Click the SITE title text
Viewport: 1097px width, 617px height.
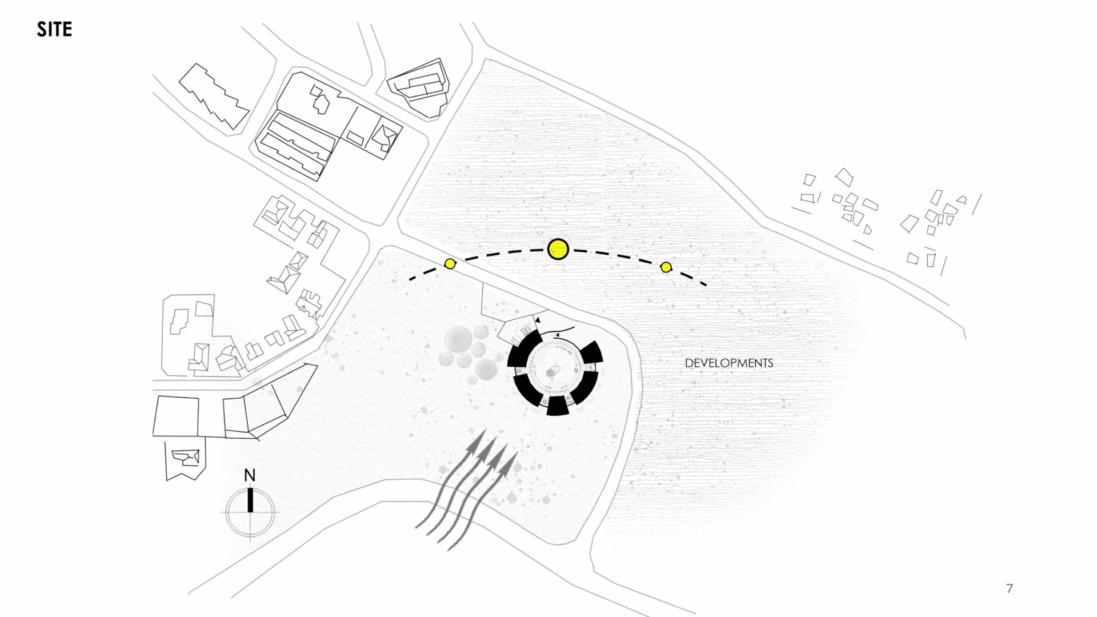tap(54, 29)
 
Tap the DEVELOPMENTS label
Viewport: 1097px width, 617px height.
tap(728, 363)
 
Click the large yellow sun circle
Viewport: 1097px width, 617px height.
tap(558, 249)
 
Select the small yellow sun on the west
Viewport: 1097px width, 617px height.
tap(450, 263)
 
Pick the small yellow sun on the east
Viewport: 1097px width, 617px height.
tap(666, 267)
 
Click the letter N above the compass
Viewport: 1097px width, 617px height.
tap(250, 475)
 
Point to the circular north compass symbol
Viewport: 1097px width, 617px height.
tap(250, 512)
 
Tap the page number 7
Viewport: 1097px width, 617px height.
tap(1010, 588)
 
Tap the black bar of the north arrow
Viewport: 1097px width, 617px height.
tap(250, 500)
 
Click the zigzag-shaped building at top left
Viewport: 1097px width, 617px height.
tap(214, 96)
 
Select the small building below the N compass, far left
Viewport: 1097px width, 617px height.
tap(184, 459)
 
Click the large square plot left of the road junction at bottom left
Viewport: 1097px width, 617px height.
tap(175, 415)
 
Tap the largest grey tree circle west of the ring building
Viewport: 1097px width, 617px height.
tap(458, 340)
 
